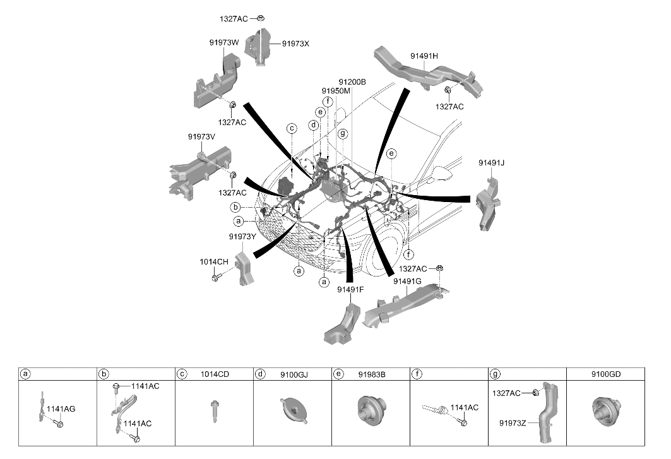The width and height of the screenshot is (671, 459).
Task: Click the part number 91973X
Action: click(x=295, y=44)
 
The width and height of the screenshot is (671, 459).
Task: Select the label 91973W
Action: click(x=224, y=43)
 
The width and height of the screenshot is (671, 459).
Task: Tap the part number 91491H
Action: click(x=424, y=56)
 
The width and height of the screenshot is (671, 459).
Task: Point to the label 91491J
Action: click(x=491, y=163)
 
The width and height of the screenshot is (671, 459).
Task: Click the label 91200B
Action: click(x=352, y=82)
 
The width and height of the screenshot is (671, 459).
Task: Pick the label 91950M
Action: click(x=336, y=91)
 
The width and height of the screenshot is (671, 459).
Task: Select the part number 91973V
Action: click(x=201, y=137)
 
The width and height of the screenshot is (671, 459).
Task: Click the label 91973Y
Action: click(x=242, y=237)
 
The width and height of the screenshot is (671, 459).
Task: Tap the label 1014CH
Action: click(x=214, y=261)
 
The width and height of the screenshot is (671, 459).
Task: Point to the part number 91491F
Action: click(x=350, y=289)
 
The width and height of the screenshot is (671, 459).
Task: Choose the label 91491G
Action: click(x=407, y=282)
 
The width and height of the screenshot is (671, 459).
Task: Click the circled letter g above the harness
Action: click(x=343, y=134)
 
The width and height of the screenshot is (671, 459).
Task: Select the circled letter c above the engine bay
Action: click(x=292, y=128)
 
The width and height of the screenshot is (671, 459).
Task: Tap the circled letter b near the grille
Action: click(x=235, y=208)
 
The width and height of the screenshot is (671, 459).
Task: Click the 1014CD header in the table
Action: click(x=215, y=374)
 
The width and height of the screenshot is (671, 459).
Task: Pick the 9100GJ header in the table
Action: click(x=294, y=374)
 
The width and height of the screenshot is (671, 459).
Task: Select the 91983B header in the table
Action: click(x=372, y=374)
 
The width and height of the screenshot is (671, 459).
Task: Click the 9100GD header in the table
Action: click(x=606, y=374)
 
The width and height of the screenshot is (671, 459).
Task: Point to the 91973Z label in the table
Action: click(x=513, y=423)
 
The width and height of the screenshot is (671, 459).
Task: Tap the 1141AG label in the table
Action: click(x=61, y=409)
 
